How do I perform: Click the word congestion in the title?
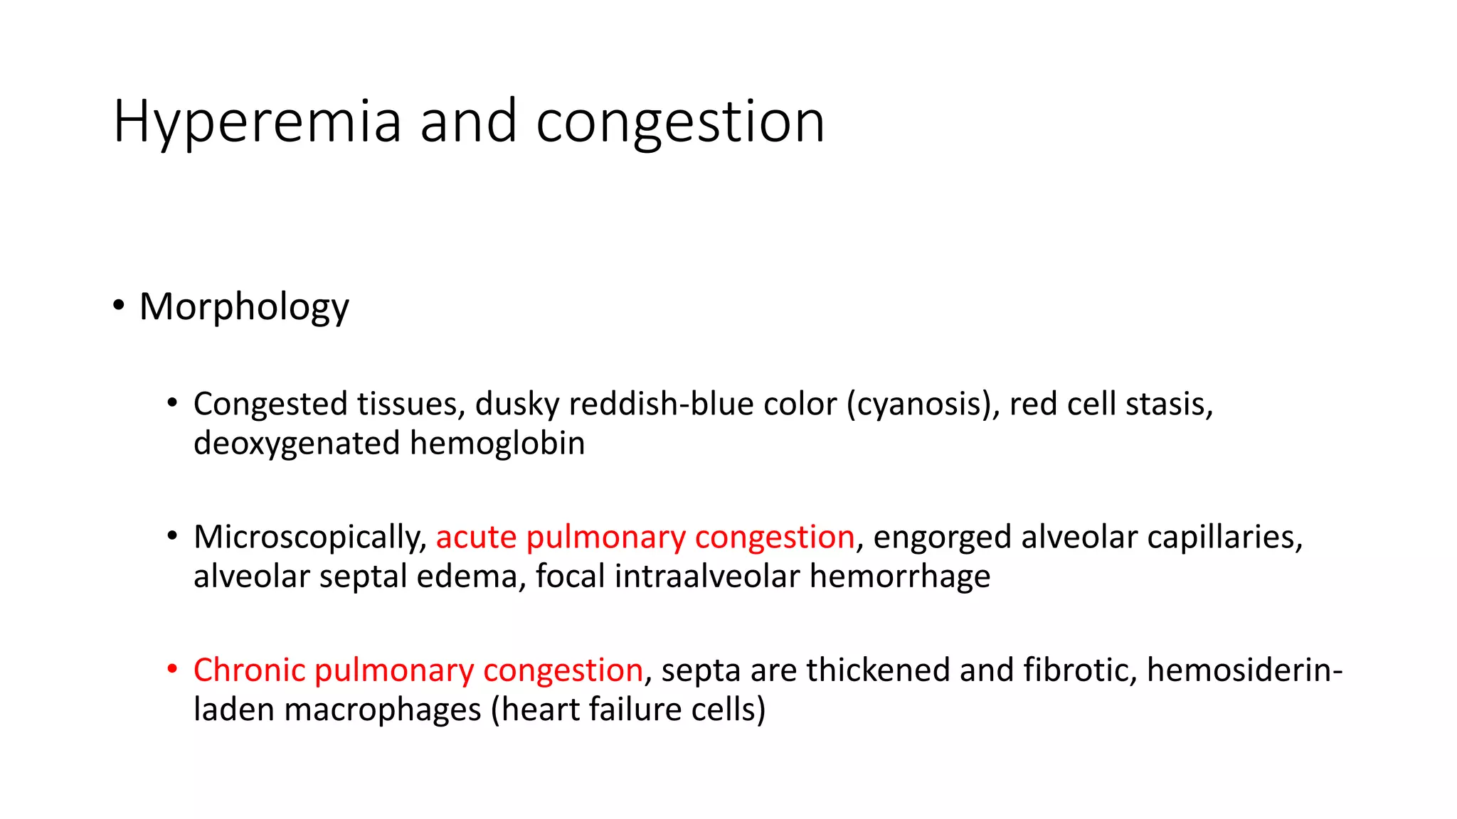[680, 122]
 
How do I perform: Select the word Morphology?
[244, 306]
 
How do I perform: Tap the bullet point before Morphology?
[119, 306]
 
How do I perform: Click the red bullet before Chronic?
[172, 669]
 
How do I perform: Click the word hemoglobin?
[497, 443]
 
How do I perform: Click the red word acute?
[476, 537]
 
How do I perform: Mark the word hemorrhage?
[899, 576]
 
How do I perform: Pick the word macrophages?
[383, 710]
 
